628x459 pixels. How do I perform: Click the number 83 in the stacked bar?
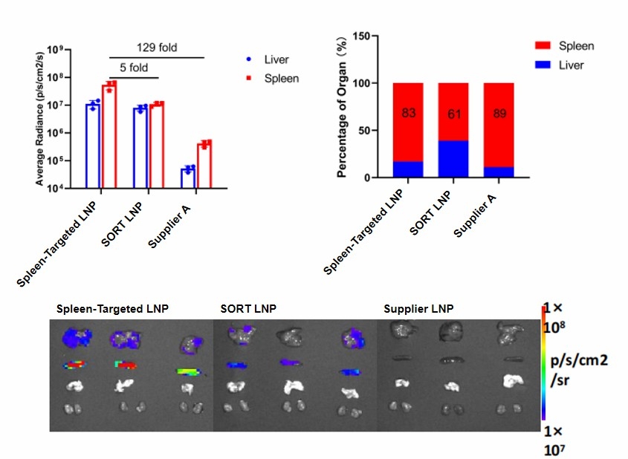[x=408, y=114]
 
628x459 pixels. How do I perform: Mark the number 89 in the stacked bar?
[x=499, y=114]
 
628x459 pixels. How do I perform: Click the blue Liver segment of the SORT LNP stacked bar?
[x=453, y=159]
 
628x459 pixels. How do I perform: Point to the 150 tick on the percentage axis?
[x=363, y=36]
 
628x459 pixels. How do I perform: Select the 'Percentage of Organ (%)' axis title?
[x=342, y=107]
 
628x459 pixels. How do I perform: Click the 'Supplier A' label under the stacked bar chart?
[x=478, y=215]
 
